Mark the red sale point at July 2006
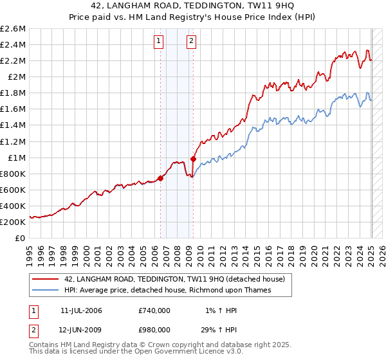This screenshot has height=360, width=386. pyautogui.click(x=160, y=178)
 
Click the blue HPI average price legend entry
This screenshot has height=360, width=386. pyautogui.click(x=168, y=290)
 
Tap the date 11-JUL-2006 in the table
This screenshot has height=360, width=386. pyautogui.click(x=81, y=310)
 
